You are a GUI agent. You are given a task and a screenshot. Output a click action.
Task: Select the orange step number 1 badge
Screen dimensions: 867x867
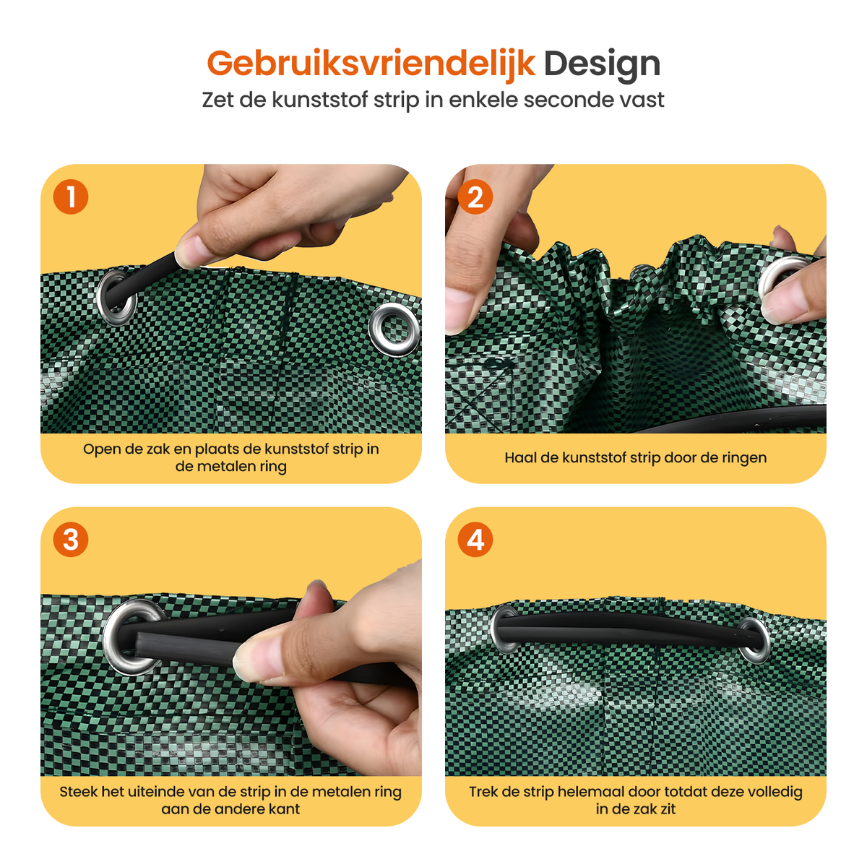[71, 197]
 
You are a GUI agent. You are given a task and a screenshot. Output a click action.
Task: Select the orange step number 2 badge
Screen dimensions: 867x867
[475, 197]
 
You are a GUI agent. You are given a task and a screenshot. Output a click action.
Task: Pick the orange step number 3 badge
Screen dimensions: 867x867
[71, 540]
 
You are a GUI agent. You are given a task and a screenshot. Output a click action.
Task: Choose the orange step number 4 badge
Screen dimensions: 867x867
[475, 540]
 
